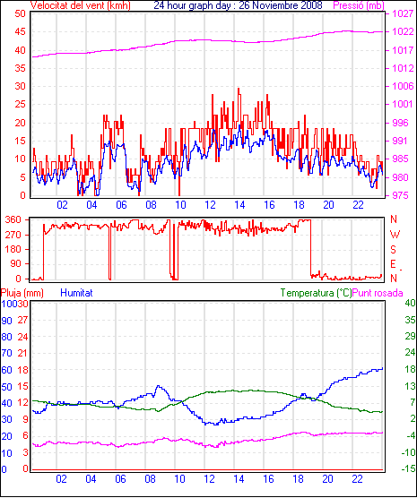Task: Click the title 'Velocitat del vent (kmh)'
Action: [x=81, y=5]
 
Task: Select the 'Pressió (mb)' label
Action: [x=359, y=5]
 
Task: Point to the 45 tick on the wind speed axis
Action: [x=20, y=31]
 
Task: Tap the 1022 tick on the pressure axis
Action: [x=403, y=31]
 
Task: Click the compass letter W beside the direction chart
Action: [x=395, y=235]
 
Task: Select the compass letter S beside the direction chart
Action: [x=393, y=250]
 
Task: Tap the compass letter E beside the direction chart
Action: [x=393, y=264]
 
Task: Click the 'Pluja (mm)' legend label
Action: [x=22, y=293]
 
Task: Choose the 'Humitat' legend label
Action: [x=76, y=293]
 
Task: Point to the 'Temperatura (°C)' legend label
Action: [x=317, y=293]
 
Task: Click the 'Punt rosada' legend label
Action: [x=378, y=293]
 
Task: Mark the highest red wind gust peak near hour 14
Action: [x=239, y=89]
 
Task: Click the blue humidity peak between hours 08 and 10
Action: [x=158, y=386]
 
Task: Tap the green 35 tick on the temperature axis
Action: [x=410, y=320]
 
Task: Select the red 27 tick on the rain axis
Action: [x=22, y=320]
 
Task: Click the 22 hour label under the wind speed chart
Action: [x=358, y=205]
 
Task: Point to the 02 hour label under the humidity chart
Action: [x=62, y=478]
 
